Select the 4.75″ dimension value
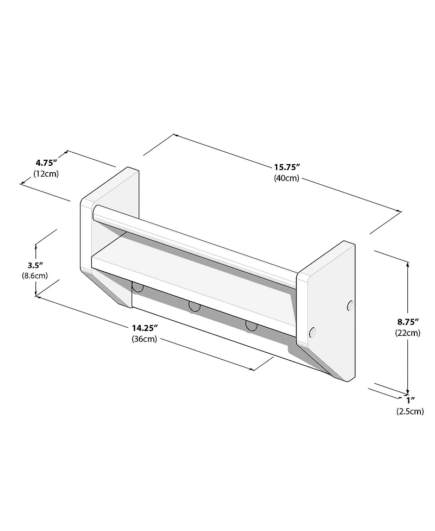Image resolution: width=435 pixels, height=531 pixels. coord(47,163)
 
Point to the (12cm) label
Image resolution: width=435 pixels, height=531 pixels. coord(46,173)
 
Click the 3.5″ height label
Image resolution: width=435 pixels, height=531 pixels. coord(36,265)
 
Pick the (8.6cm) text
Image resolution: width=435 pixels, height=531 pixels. coord(34,276)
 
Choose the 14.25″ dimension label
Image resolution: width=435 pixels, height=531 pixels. coord(145,328)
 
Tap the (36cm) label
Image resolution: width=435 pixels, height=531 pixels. coord(144,339)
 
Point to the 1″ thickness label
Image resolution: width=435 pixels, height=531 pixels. coord(411,400)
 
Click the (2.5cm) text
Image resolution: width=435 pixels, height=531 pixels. coord(410,411)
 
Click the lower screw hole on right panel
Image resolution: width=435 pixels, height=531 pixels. coord(313,332)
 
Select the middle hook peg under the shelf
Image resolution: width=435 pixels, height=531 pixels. coord(194,307)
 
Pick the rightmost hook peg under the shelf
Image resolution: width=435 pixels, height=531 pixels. coord(251,326)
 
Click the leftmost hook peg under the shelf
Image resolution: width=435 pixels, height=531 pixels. coord(138,286)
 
